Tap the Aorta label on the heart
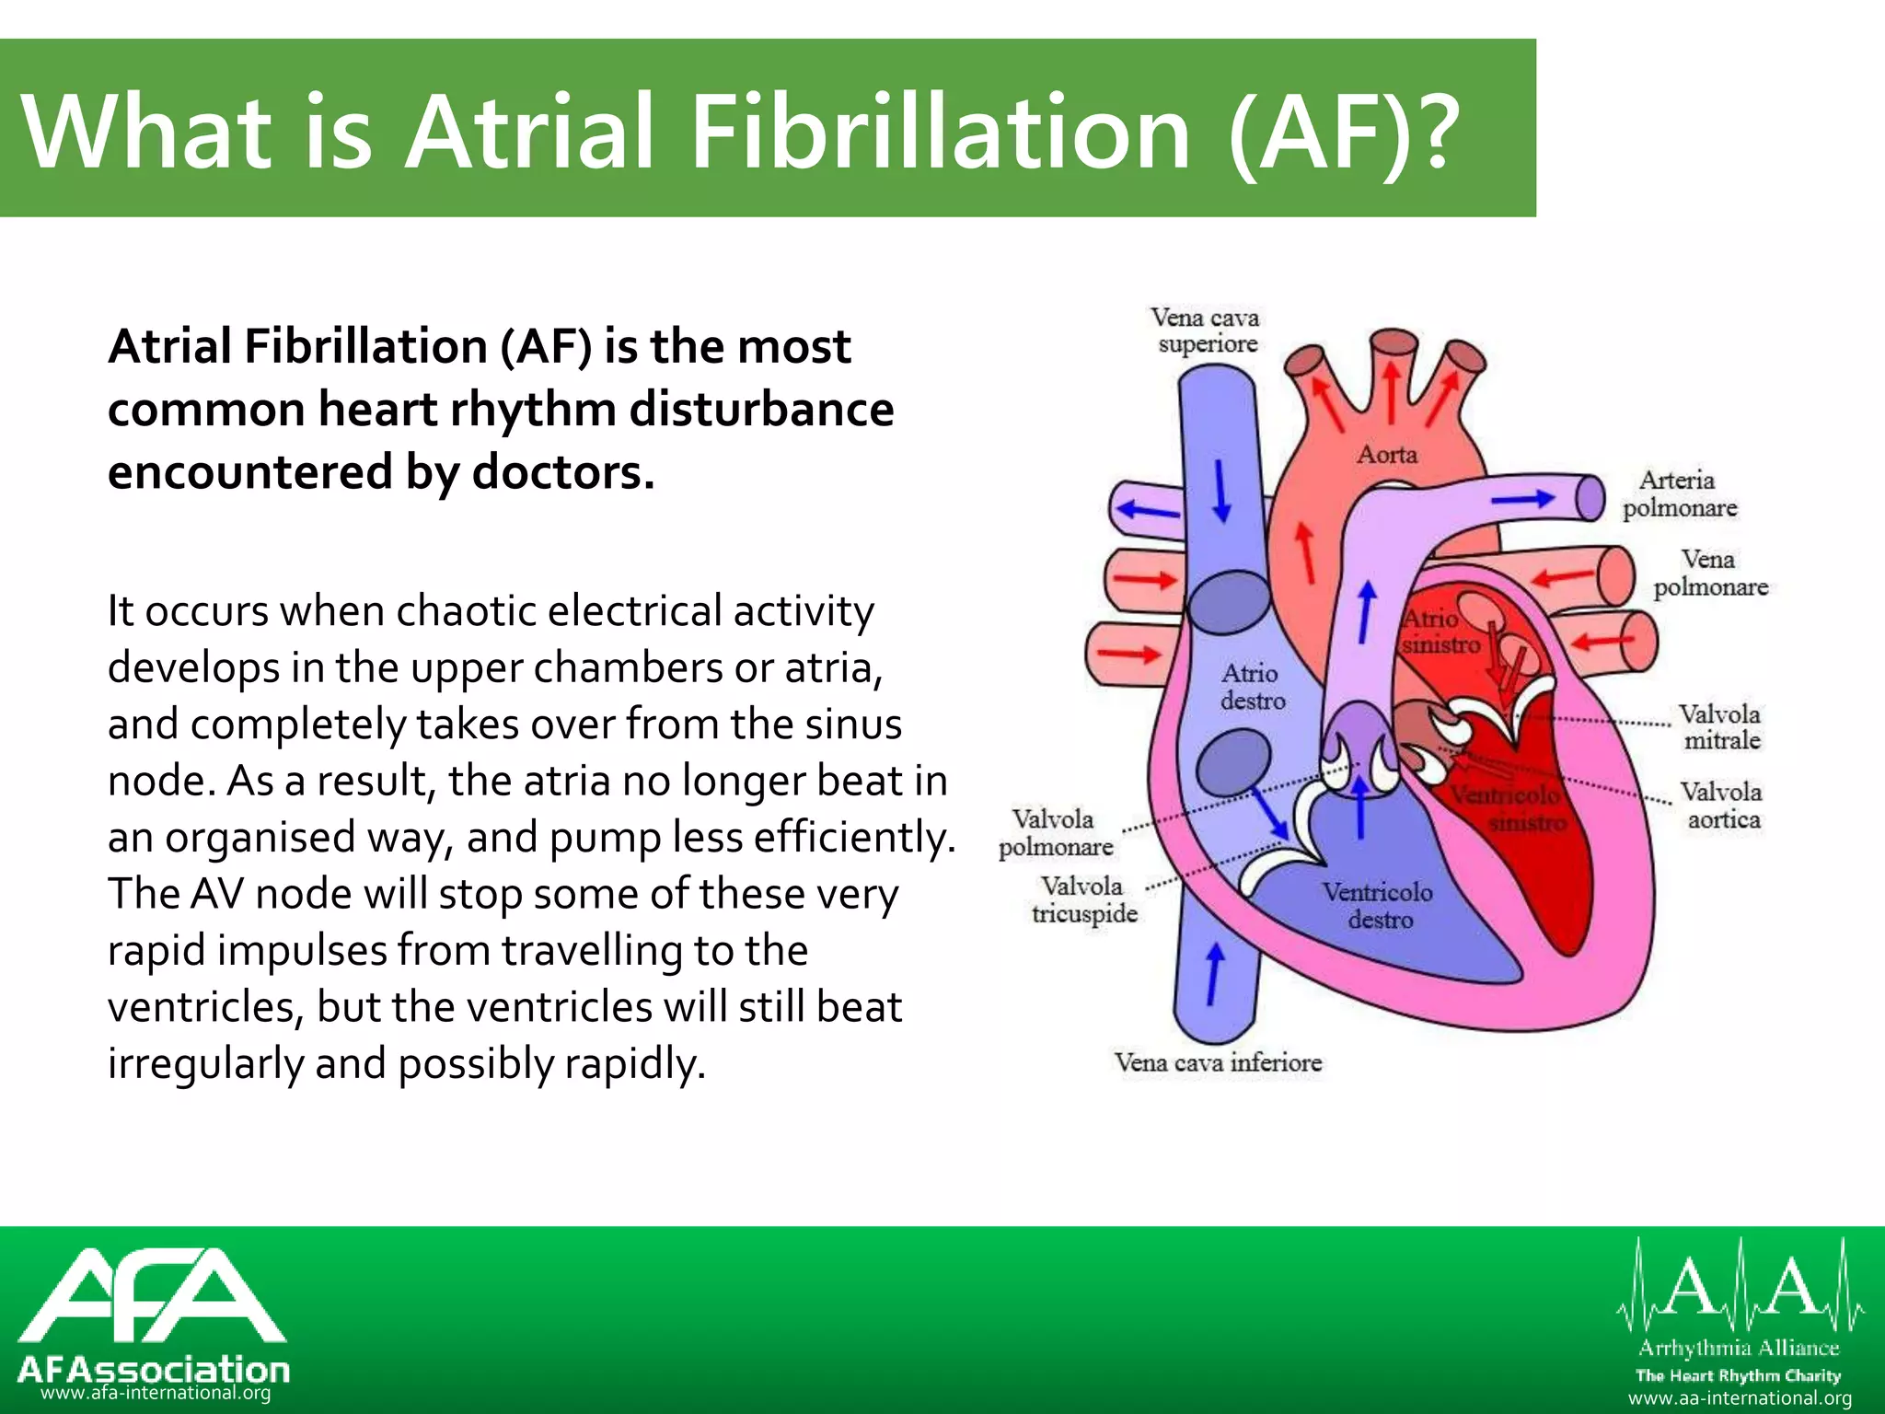tap(1387, 455)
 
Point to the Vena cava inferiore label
tap(1218, 1063)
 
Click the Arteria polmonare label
tap(1679, 494)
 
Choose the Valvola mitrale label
tap(1719, 727)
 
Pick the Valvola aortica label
tap(1721, 806)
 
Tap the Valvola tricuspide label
tap(1084, 900)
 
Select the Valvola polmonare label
tap(1056, 833)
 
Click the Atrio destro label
tap(1252, 687)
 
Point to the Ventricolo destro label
tap(1378, 906)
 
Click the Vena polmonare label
tap(1710, 574)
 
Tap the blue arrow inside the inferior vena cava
tap(1214, 974)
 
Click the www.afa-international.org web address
tap(156, 1394)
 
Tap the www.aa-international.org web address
tap(1740, 1398)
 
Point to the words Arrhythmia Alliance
tap(1739, 1349)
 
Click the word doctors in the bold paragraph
tap(563, 472)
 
